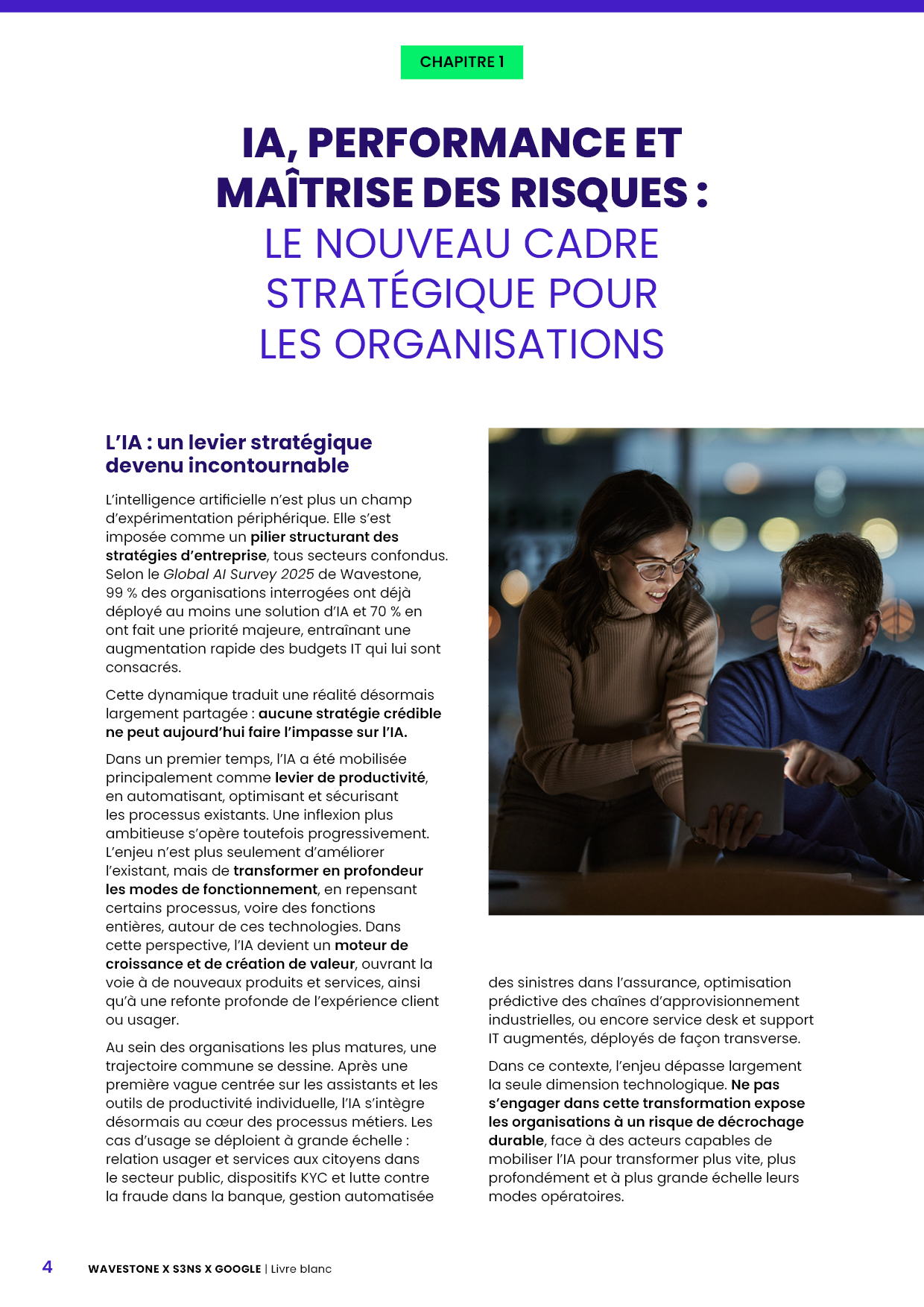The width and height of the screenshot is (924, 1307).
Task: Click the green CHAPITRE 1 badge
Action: [461, 62]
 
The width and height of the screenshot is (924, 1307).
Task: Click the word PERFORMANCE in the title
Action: [466, 143]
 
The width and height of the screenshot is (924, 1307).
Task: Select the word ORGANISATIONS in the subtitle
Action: [499, 344]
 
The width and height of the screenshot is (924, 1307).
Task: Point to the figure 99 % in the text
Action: [120, 593]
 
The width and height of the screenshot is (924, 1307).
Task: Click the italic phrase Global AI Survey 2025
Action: [238, 575]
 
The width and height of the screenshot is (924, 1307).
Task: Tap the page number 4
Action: [48, 1267]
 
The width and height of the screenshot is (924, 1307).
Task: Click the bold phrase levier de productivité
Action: [349, 778]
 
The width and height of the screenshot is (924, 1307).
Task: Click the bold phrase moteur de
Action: [371, 946]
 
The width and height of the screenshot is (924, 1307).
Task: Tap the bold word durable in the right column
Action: [516, 1141]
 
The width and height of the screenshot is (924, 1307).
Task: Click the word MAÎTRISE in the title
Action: [315, 193]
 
